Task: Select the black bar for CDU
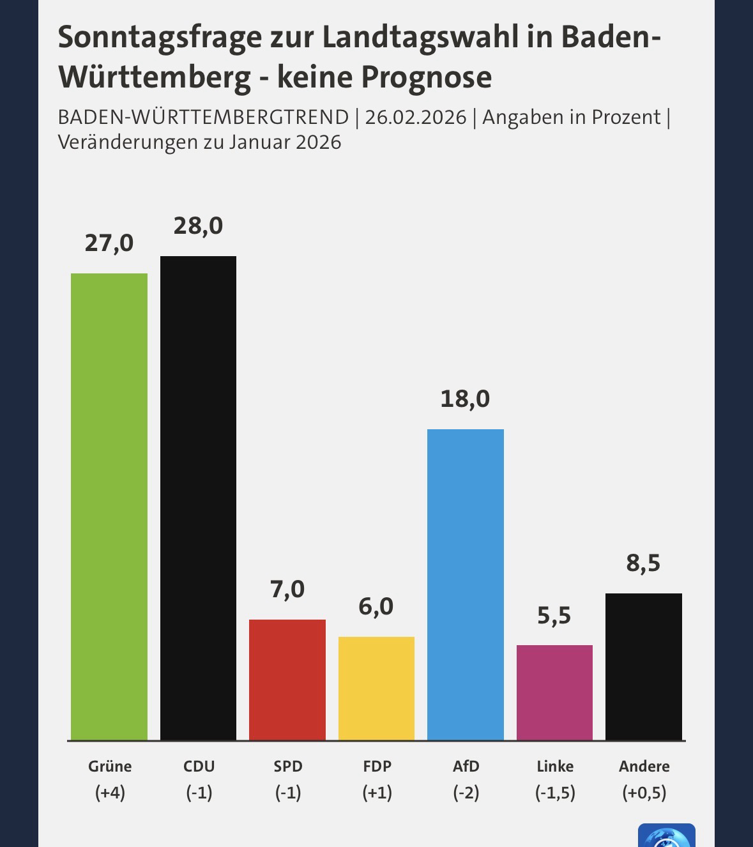pos(198,498)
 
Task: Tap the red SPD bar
pos(287,680)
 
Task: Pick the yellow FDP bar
pos(376,689)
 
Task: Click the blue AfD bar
pos(466,584)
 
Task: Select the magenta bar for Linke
pos(554,692)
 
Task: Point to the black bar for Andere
pos(644,667)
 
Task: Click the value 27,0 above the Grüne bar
pos(109,243)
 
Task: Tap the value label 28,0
pos(198,226)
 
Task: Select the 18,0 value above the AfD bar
pos(466,399)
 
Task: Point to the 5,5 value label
pos(554,616)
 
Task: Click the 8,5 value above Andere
pos(643,563)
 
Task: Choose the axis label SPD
pos(287,766)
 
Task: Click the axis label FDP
pos(376,766)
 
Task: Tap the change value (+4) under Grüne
pos(110,793)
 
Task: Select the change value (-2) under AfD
pos(466,793)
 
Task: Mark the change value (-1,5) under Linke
pos(555,793)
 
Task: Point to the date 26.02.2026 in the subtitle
pos(416,118)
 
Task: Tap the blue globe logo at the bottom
pos(666,837)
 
